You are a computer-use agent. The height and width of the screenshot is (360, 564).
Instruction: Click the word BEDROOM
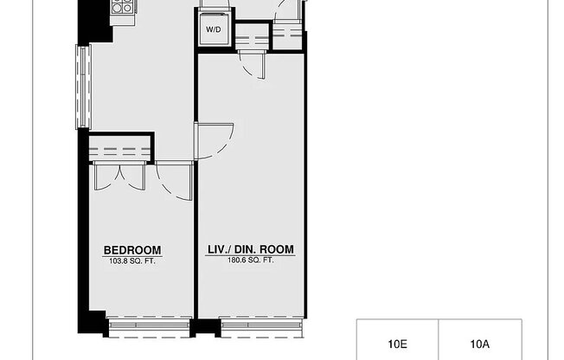pyautogui.click(x=132, y=250)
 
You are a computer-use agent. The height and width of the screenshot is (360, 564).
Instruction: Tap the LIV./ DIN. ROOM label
pyautogui.click(x=250, y=250)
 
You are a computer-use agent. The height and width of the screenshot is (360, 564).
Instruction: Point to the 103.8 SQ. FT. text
pyautogui.click(x=132, y=260)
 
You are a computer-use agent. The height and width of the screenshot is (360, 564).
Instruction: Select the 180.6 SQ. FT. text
pyautogui.click(x=250, y=260)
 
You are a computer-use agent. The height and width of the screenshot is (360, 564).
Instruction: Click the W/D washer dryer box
pyautogui.click(x=214, y=29)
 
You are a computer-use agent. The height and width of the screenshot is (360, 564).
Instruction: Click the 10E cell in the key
pyautogui.click(x=397, y=344)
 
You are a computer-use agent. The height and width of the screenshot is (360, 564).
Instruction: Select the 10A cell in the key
pyautogui.click(x=480, y=344)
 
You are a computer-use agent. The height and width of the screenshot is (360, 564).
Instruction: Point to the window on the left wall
pyautogui.click(x=83, y=87)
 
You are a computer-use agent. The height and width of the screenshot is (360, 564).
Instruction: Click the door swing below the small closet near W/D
pyautogui.click(x=252, y=65)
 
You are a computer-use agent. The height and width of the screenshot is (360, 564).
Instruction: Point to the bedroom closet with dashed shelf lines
pyautogui.click(x=120, y=146)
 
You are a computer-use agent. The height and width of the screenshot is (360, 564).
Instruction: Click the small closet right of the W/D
pyautogui.click(x=251, y=38)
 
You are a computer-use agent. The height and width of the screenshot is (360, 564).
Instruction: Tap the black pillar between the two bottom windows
pyautogui.click(x=204, y=328)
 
